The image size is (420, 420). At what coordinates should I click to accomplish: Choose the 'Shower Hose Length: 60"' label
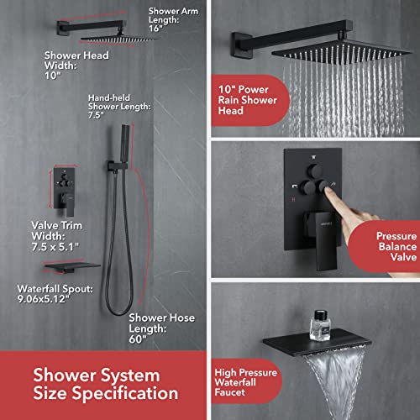(x=150, y=330)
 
